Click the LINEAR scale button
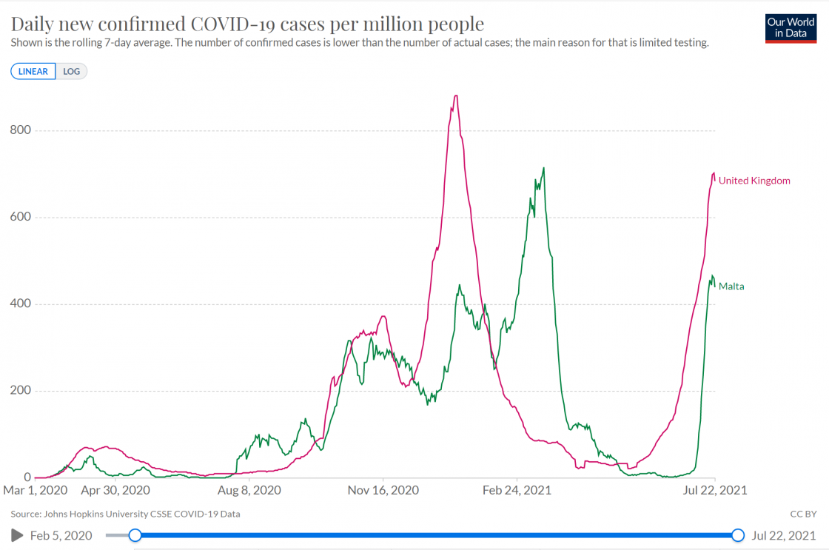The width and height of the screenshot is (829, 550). click(x=33, y=72)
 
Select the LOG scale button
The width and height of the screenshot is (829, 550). click(x=71, y=72)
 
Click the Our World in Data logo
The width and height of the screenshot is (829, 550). click(x=791, y=27)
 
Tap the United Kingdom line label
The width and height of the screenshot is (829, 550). click(x=754, y=181)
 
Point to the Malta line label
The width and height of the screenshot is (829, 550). click(x=731, y=286)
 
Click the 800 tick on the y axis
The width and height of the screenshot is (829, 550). click(x=21, y=130)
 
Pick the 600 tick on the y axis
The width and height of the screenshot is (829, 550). click(x=21, y=217)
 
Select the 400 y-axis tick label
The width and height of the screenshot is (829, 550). click(x=21, y=303)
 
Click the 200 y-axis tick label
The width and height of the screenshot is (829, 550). click(x=21, y=390)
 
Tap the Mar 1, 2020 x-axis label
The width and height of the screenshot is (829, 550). click(x=36, y=490)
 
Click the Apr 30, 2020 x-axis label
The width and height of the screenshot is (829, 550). click(x=115, y=490)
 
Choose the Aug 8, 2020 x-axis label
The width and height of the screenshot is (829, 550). click(x=251, y=490)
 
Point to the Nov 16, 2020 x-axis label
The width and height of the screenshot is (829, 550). click(x=383, y=490)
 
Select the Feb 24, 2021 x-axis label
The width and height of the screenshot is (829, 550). click(x=517, y=490)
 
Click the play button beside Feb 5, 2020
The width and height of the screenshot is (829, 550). click(x=17, y=535)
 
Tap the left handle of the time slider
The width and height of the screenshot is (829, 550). click(x=135, y=535)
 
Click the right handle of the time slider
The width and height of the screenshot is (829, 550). click(x=737, y=535)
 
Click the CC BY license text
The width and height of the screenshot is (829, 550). click(x=803, y=513)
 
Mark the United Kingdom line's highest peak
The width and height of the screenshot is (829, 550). click(x=456, y=95)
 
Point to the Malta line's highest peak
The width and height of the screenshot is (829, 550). click(x=544, y=168)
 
